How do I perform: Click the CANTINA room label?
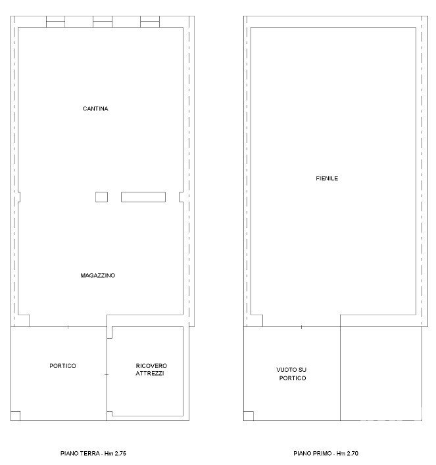pos(95,108)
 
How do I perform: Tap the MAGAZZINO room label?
pos(98,275)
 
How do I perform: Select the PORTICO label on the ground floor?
pos(62,366)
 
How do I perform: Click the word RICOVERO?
pos(151,366)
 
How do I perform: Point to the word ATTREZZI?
pos(150,373)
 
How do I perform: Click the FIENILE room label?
pos(327,178)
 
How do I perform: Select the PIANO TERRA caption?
pos(80,453)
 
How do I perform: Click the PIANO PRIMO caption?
pos(312,453)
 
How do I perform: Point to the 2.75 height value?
pos(120,453)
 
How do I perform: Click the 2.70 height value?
pos(352,453)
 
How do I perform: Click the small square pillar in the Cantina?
pos(101,197)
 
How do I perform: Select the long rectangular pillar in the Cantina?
pos(143,197)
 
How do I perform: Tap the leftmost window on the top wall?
pos(55,22)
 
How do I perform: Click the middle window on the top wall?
pos(103,22)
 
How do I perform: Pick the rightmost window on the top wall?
pos(150,22)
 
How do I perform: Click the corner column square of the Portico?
pos(15,416)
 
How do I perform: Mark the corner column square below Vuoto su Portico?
pos(249,416)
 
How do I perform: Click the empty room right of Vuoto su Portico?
pos(381,374)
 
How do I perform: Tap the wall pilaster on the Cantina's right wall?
pos(181,197)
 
